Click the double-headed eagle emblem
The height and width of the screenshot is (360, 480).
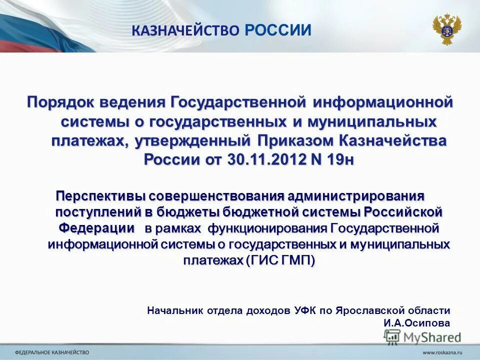[446, 29]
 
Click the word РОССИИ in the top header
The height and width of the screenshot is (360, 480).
[278, 30]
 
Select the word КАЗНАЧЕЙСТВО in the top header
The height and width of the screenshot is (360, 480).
[185, 31]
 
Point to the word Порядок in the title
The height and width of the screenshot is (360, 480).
[60, 102]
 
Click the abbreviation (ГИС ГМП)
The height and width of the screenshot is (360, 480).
[280, 261]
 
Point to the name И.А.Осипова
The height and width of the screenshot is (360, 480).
[416, 323]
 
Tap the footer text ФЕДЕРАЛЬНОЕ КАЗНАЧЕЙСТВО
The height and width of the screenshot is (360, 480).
[52, 353]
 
